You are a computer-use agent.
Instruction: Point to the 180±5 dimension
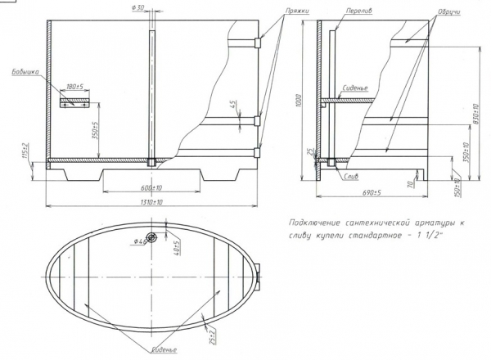tap(76, 86)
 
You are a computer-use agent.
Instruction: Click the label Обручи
tap(448, 14)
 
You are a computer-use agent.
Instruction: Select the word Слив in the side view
tap(354, 177)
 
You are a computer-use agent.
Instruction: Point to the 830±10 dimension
tap(463, 114)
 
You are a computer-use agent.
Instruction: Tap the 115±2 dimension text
tap(25, 149)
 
